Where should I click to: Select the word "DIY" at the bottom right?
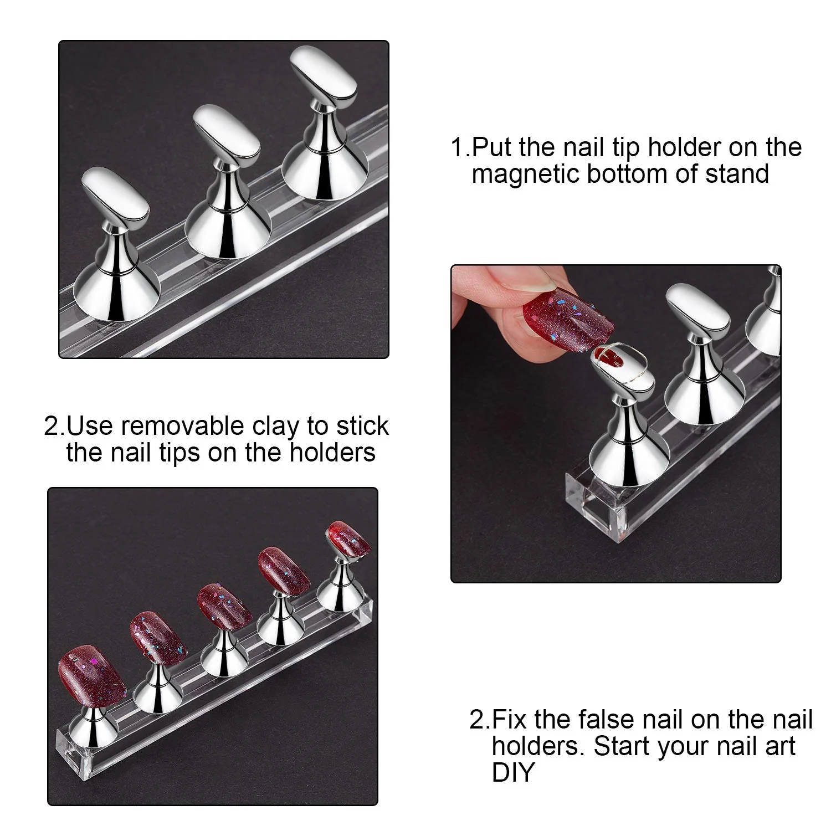513,772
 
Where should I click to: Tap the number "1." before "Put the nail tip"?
460,147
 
